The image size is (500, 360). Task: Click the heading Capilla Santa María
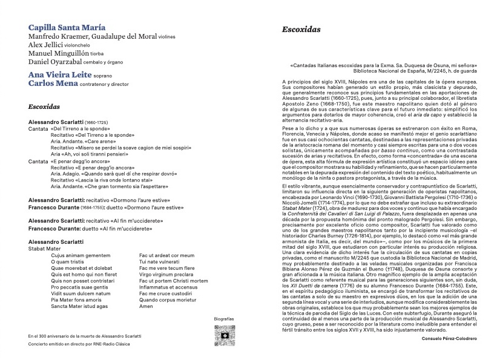[67, 27]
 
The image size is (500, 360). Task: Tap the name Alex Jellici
[48, 45]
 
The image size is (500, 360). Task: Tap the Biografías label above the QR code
[223, 318]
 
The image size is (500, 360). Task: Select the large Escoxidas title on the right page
[301, 29]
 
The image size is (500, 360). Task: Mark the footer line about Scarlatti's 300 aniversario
[85, 336]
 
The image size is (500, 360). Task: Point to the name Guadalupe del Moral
[127, 36]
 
